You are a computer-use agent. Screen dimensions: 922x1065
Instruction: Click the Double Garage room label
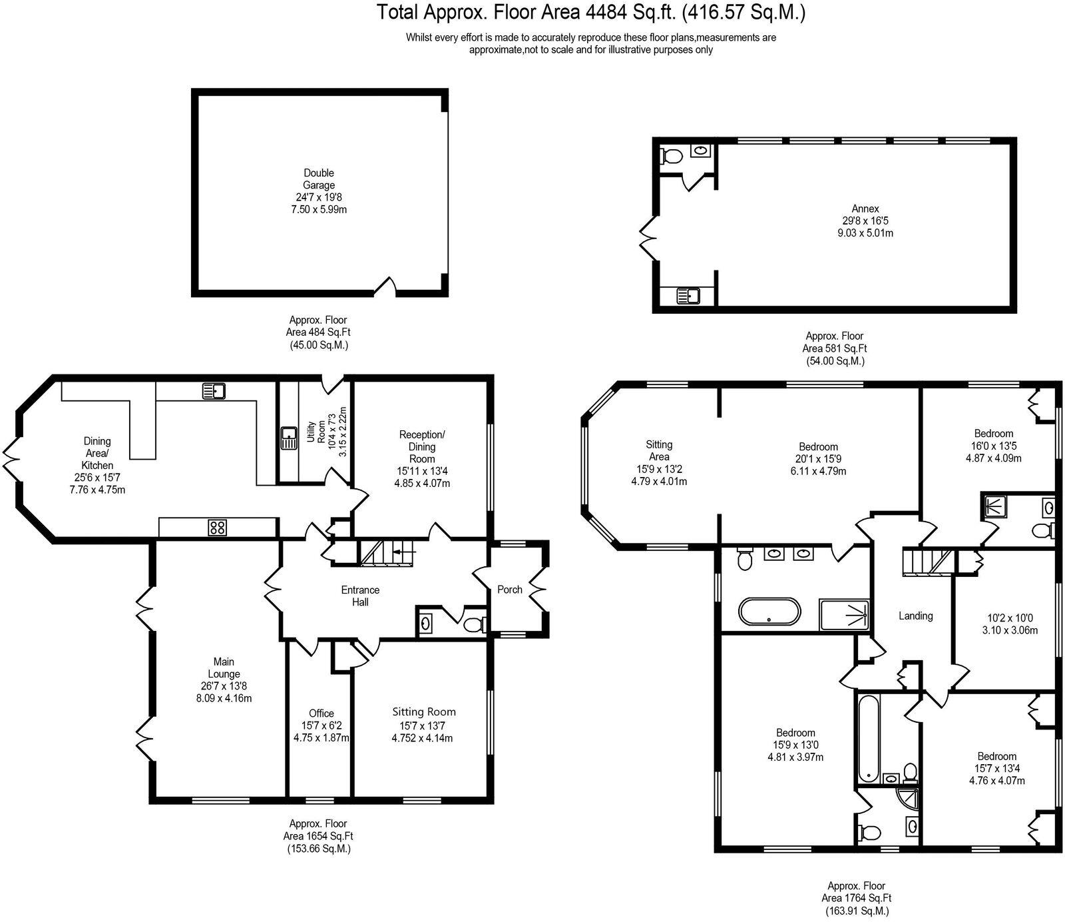tap(318, 179)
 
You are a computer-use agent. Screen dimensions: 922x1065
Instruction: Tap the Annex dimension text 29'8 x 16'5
tap(865, 221)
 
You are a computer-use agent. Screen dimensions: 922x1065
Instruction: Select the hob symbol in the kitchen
tap(217, 528)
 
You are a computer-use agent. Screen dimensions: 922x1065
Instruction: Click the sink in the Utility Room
tap(289, 438)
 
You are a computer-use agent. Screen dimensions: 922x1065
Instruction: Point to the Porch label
tap(510, 590)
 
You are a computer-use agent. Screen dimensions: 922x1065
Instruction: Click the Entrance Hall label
tap(360, 596)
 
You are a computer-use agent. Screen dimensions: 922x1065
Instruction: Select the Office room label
tap(321, 713)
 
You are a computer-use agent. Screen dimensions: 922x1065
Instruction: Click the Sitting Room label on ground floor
tap(424, 711)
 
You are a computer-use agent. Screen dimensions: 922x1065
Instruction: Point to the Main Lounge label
tap(224, 668)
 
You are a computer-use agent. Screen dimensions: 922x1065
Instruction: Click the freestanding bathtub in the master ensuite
tap(769, 611)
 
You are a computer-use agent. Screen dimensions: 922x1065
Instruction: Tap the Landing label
tap(915, 616)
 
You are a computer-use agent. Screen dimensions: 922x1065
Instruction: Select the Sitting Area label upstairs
tap(659, 450)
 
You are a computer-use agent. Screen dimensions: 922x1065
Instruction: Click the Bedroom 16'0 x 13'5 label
tap(993, 433)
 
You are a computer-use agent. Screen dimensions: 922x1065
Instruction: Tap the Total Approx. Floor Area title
tap(591, 12)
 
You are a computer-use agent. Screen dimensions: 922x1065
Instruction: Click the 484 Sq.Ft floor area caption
tap(318, 332)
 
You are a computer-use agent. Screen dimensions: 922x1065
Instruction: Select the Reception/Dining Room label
tap(422, 446)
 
